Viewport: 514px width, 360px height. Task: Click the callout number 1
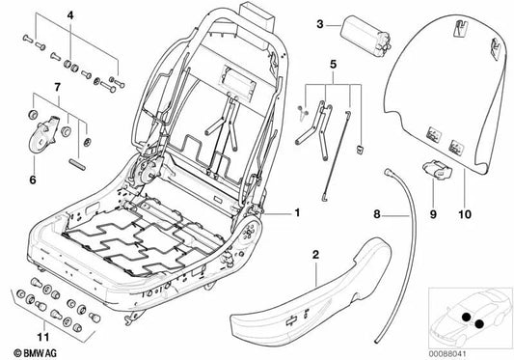pyautogui.click(x=298, y=210)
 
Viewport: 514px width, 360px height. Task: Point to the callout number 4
pyautogui.click(x=68, y=15)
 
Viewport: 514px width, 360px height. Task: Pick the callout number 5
pyautogui.click(x=333, y=67)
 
